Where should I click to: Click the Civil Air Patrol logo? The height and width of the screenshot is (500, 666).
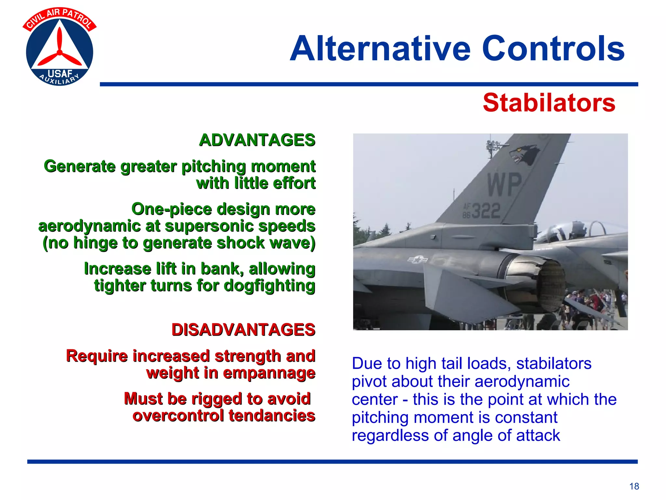60,47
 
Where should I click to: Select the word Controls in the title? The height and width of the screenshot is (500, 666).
553,49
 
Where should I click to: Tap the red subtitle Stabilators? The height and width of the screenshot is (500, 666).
549,103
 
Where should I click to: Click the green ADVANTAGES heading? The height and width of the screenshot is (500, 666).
257,140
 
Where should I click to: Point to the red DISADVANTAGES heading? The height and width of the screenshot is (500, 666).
243,330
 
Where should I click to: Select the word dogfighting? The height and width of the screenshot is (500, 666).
269,286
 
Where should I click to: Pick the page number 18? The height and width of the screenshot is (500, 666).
634,486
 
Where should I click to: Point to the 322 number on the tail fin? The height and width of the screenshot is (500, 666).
486,211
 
